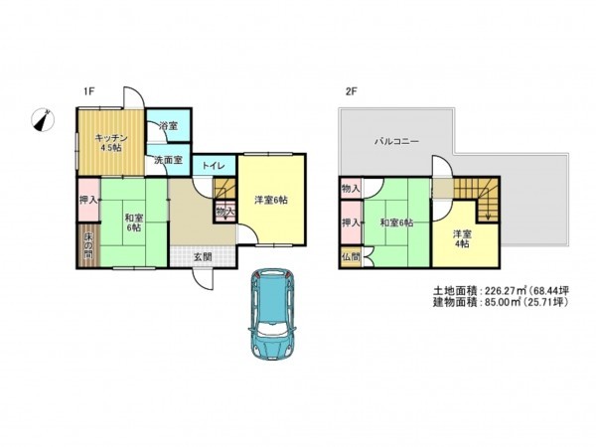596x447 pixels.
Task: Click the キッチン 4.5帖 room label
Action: pyautogui.click(x=108, y=142)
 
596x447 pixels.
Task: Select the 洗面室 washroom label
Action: pyautogui.click(x=166, y=160)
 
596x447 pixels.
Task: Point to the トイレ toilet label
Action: pyautogui.click(x=213, y=166)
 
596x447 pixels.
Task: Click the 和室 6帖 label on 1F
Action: pyautogui.click(x=133, y=222)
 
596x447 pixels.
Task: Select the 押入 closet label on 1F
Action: pyautogui.click(x=86, y=200)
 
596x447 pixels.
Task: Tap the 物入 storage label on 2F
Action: pyautogui.click(x=350, y=188)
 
